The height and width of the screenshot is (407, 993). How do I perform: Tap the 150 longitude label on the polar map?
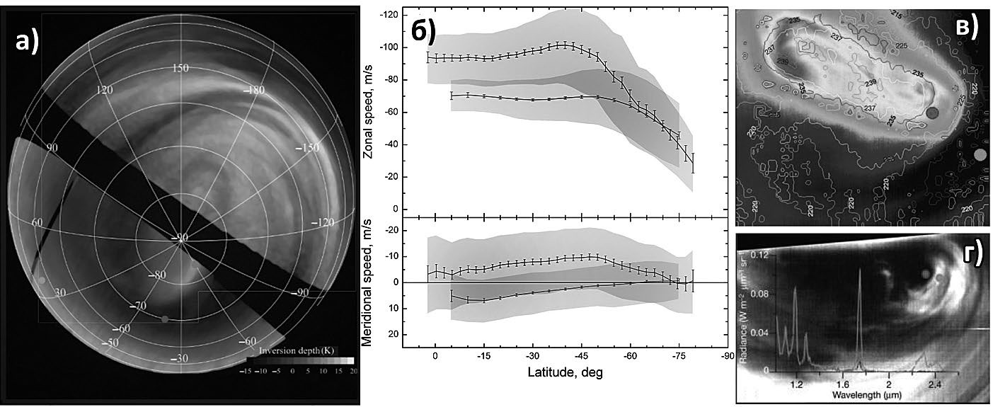[182, 68]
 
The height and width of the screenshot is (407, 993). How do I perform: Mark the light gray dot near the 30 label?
[42, 280]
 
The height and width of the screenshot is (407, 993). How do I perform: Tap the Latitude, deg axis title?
[564, 372]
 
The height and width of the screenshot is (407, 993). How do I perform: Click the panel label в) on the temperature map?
[966, 26]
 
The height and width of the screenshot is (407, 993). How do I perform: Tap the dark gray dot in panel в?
[933, 113]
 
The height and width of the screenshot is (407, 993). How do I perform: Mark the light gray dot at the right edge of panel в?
[980, 154]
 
